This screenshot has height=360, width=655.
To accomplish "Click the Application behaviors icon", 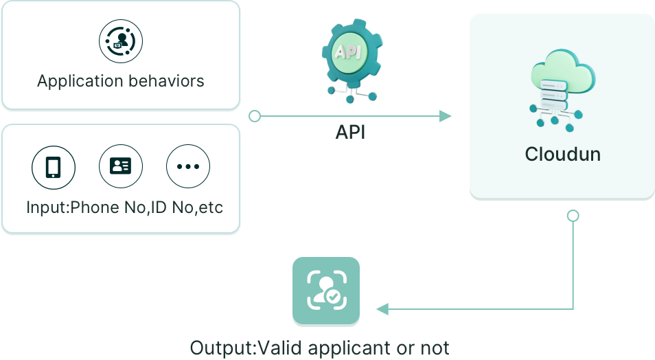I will pos(120,41).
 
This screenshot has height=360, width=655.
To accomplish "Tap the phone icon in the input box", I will pos(53,166).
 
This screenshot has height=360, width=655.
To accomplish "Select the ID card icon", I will pos(121,166).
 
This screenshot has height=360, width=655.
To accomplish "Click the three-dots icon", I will pos(188,166).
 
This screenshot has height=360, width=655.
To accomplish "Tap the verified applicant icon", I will pos(326,291).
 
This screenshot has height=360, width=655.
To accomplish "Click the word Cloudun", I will pos(562,155).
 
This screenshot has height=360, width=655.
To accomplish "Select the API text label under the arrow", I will pos(350,132).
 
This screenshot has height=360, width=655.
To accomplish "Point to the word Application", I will pos(78,81).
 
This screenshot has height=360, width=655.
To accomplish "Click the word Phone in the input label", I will pos(95,207).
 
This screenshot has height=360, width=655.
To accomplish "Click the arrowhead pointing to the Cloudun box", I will pos(446,116).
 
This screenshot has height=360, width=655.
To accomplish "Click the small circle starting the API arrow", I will pos(255,116).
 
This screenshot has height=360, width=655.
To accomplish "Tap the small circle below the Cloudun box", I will pos(573,216).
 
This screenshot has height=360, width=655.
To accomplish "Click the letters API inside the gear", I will pos(347,52).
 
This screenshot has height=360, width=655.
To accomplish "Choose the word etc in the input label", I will pos(209,207).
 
